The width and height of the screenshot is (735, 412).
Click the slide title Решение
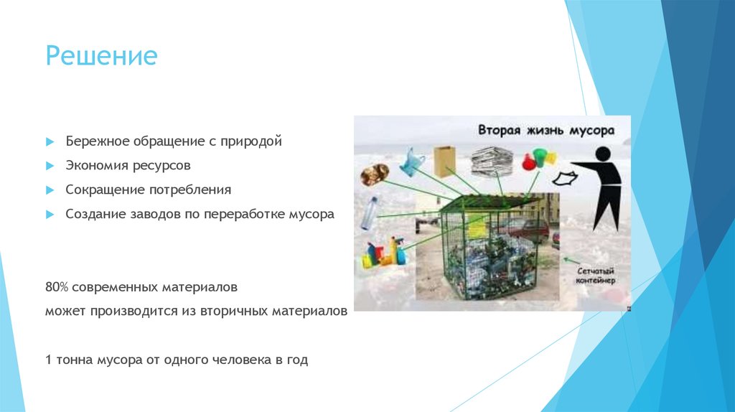[x=101, y=55]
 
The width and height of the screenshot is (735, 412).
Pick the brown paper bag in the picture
[x=446, y=161]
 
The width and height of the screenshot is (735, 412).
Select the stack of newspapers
[x=490, y=159]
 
